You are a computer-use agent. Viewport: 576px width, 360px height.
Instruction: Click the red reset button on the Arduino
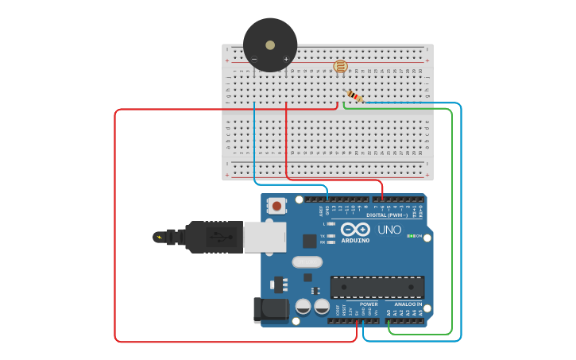point(276,207)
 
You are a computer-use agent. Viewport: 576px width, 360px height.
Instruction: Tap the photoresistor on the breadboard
point(340,67)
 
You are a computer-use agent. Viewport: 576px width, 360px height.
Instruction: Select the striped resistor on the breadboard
point(354,97)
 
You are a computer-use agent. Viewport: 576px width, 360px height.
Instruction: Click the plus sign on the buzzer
point(286,59)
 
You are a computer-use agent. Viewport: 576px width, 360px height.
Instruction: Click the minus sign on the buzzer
point(254,59)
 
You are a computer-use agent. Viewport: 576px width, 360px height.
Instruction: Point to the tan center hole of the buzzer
point(270,45)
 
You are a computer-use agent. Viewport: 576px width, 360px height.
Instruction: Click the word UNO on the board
point(389,230)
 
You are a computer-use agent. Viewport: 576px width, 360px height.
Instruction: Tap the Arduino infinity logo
point(355,230)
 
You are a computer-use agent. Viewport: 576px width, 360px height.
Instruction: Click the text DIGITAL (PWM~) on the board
point(387,215)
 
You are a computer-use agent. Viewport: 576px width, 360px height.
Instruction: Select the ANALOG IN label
point(408,304)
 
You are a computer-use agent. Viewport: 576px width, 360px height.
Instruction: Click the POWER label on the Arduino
point(369,304)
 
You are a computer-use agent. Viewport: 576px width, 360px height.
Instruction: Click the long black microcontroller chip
point(377,287)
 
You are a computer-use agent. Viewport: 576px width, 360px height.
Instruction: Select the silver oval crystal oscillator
point(307,261)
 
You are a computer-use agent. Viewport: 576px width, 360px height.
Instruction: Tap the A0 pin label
point(389,313)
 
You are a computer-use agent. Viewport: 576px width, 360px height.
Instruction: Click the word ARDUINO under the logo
point(355,240)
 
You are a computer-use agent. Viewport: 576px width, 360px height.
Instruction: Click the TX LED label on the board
point(323,236)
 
